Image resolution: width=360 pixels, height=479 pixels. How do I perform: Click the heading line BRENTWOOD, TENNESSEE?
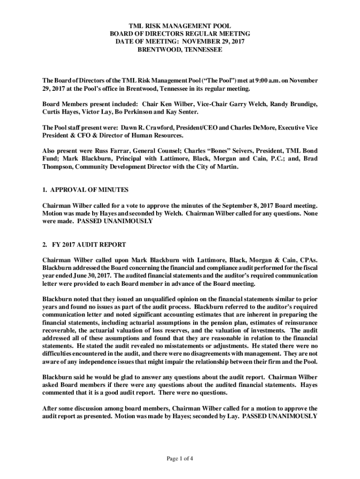180,49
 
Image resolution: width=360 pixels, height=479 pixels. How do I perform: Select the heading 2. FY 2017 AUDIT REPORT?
84,245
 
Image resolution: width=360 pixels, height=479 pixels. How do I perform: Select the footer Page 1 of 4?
180,459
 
